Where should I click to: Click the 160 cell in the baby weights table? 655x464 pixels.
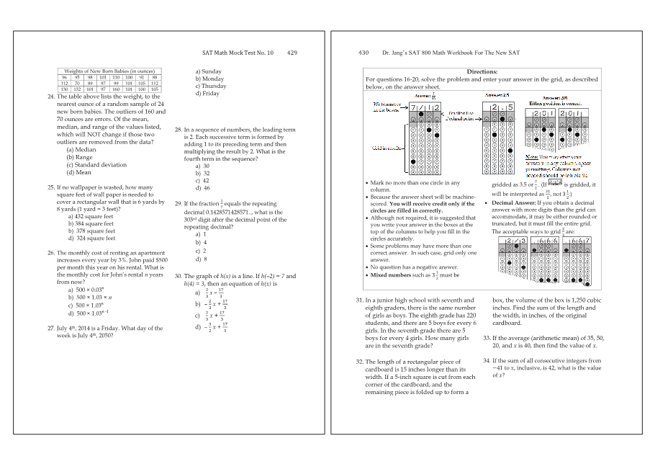116,89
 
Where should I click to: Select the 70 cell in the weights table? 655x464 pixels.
77,83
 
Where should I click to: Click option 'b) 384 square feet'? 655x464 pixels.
91,223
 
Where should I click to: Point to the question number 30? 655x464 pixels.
179,276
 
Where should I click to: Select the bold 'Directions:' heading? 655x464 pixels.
482,71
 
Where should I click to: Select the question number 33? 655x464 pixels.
487,338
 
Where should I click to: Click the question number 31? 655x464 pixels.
359,300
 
